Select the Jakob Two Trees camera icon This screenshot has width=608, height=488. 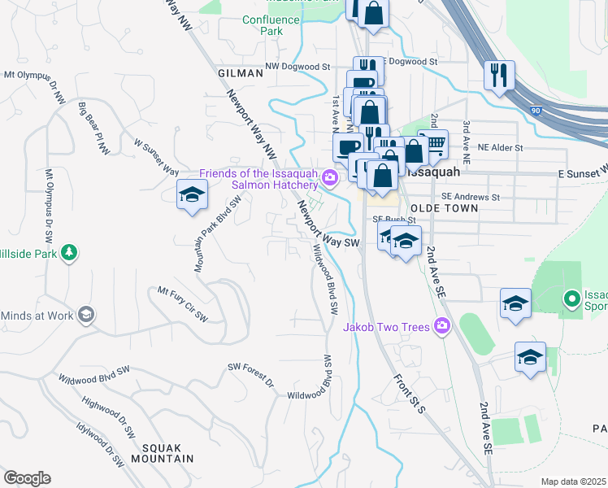pos(442,326)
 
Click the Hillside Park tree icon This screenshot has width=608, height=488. pos(70,252)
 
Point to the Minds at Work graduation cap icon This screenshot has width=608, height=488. pos(85,315)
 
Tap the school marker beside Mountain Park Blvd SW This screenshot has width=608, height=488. pos(192,195)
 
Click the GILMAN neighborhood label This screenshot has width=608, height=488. pos(241,73)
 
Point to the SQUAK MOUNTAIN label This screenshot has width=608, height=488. pos(167,453)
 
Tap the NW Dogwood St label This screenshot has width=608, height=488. pos(298,68)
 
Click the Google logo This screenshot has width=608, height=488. pos(27,478)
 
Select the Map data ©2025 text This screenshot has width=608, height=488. pos(573,481)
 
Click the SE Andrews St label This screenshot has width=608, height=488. pos(471,197)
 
